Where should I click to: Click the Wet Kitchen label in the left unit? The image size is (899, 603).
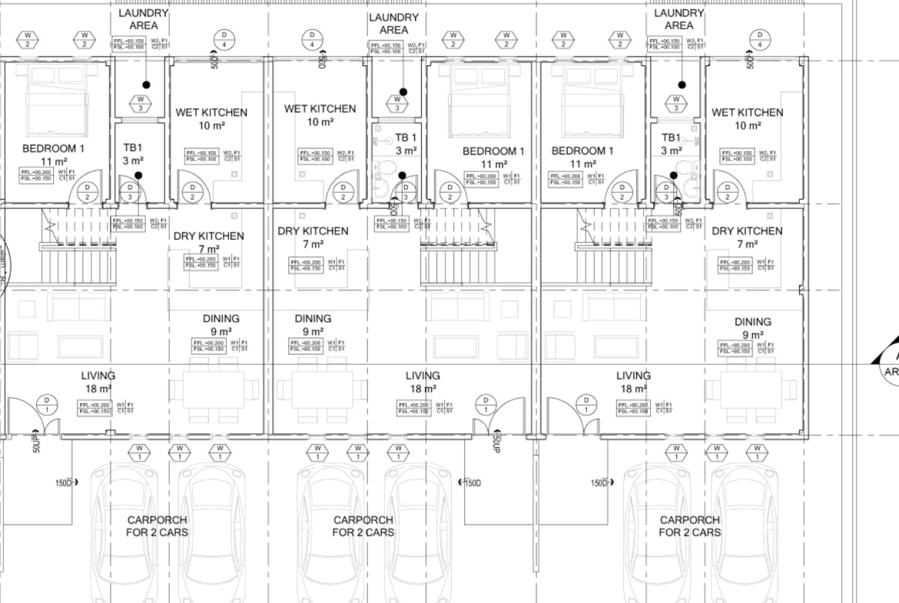pyautogui.click(x=211, y=112)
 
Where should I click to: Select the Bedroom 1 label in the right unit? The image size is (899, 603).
pyautogui.click(x=582, y=151)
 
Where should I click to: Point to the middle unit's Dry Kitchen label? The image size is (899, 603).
pyautogui.click(x=313, y=230)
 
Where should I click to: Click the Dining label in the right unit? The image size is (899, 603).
pyautogui.click(x=752, y=322)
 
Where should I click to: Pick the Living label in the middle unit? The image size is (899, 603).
pyautogui.click(x=423, y=376)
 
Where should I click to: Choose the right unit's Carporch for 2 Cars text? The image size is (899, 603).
pyautogui.click(x=690, y=526)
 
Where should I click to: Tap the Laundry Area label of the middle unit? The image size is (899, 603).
pyautogui.click(x=393, y=23)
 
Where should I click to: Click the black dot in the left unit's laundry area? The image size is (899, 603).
pyautogui.click(x=146, y=85)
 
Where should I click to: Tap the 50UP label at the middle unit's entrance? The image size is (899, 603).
pyautogui.click(x=496, y=441)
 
